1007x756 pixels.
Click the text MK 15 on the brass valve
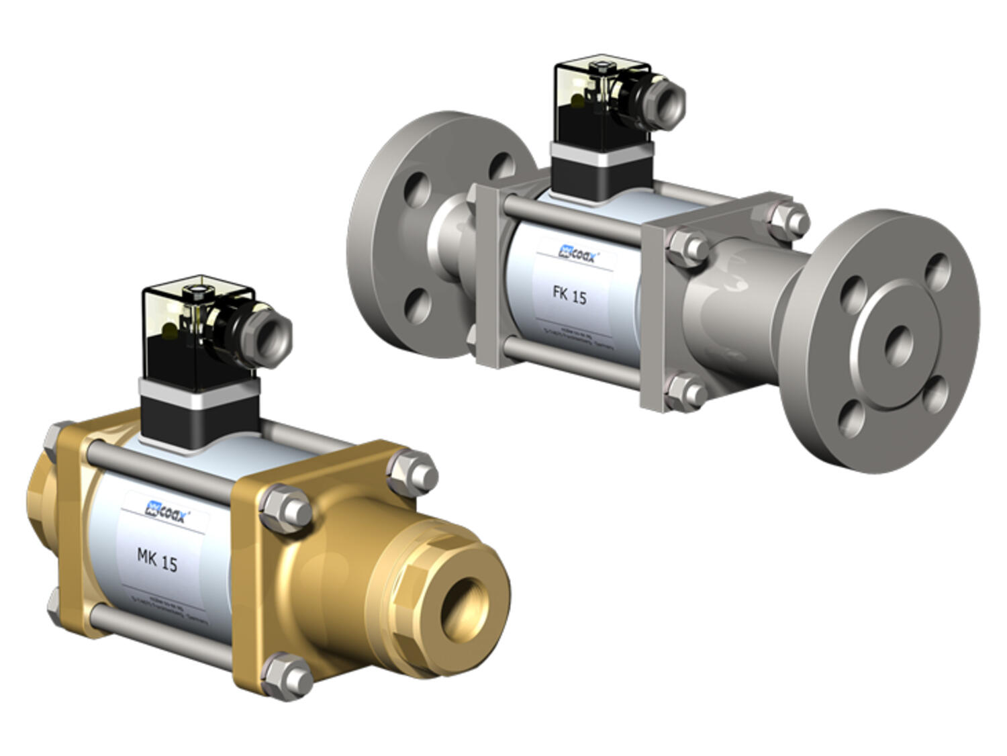point(157,559)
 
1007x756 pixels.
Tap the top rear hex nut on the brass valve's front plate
point(412,470)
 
